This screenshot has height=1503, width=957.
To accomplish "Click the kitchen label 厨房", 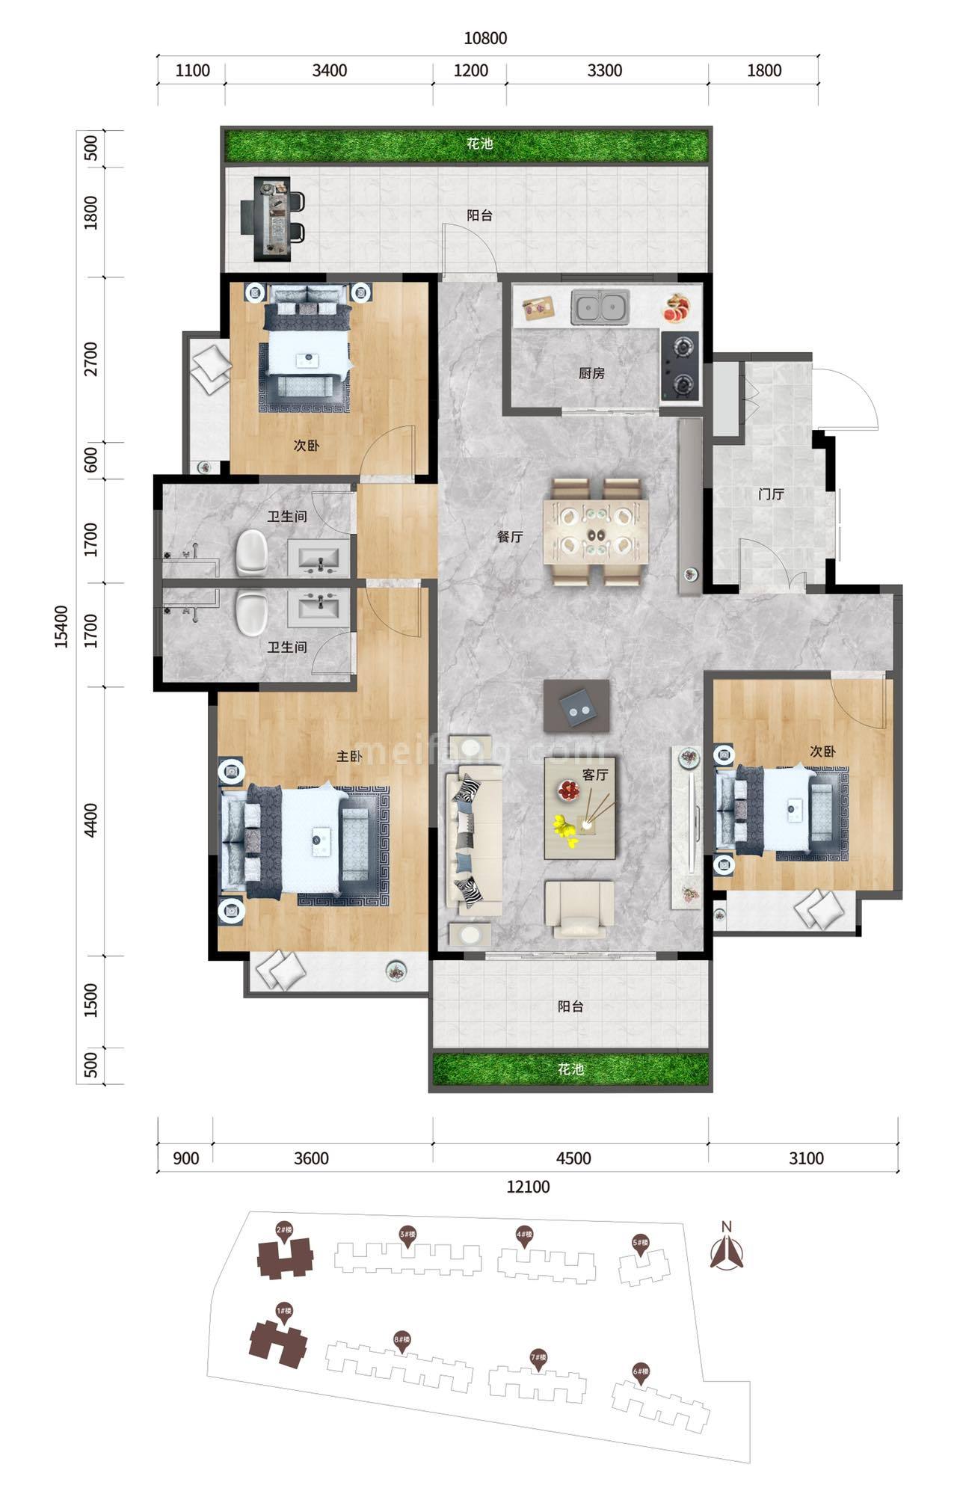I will click(x=591, y=373).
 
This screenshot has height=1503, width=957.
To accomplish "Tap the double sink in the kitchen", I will click(x=600, y=307).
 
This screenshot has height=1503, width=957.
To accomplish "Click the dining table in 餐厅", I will click(x=597, y=530).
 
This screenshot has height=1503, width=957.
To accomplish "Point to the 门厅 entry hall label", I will click(x=770, y=494).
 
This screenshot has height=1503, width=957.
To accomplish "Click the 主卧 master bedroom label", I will click(x=348, y=757).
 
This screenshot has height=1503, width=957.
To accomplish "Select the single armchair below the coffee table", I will click(x=579, y=909).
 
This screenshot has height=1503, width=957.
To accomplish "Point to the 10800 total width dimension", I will click(x=485, y=38).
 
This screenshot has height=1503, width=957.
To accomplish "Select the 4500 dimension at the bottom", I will click(x=573, y=1158).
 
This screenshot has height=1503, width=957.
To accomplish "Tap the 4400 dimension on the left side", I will click(x=91, y=820).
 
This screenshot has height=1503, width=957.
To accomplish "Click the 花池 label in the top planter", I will click(x=479, y=144).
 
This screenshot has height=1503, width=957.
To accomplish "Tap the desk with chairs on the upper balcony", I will click(x=271, y=219).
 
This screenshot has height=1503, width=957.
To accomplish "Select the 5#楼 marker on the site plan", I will click(x=640, y=1244).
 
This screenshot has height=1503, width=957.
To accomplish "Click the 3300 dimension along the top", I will click(x=604, y=71).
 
